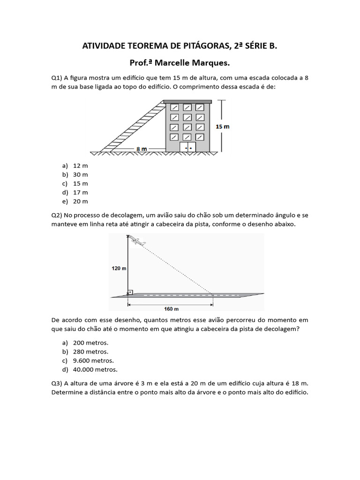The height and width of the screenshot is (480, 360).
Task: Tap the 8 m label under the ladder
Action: pos(142,149)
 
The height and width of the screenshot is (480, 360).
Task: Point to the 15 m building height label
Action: pos(222,127)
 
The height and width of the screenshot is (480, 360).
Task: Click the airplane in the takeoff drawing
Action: pos(137,241)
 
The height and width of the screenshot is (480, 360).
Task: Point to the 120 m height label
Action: pos(119,268)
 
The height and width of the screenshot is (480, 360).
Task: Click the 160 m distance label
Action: pos(172,309)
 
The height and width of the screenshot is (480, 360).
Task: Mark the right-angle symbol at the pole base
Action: pos(130,292)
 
